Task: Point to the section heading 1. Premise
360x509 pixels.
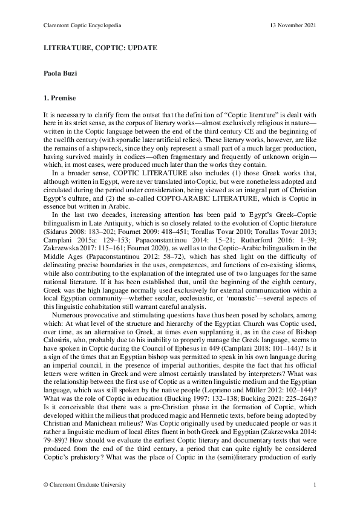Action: [59, 98]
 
